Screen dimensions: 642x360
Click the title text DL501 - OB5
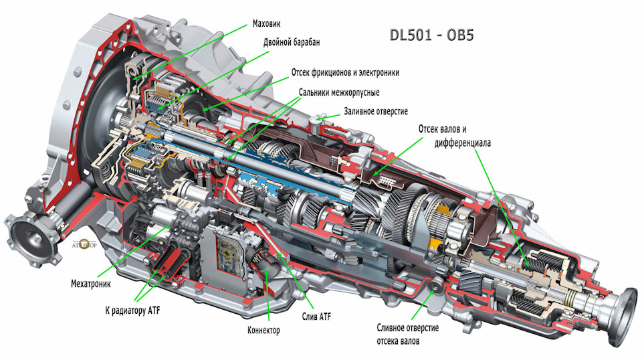431,35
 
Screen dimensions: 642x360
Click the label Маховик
267,23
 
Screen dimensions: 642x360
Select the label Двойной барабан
292,42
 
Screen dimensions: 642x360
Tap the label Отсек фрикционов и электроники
345,72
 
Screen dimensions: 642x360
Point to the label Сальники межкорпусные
339,92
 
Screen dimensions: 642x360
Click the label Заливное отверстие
376,111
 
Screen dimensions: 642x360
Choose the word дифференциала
463,143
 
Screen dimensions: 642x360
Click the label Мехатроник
91,284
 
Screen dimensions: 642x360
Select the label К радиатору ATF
132,310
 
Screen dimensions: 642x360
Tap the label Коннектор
263,330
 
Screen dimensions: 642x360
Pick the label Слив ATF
316,317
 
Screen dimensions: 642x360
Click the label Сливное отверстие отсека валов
408,334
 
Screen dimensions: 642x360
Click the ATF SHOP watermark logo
85,244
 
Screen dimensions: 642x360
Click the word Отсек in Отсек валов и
429,129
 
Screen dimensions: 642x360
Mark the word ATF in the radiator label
152,310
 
